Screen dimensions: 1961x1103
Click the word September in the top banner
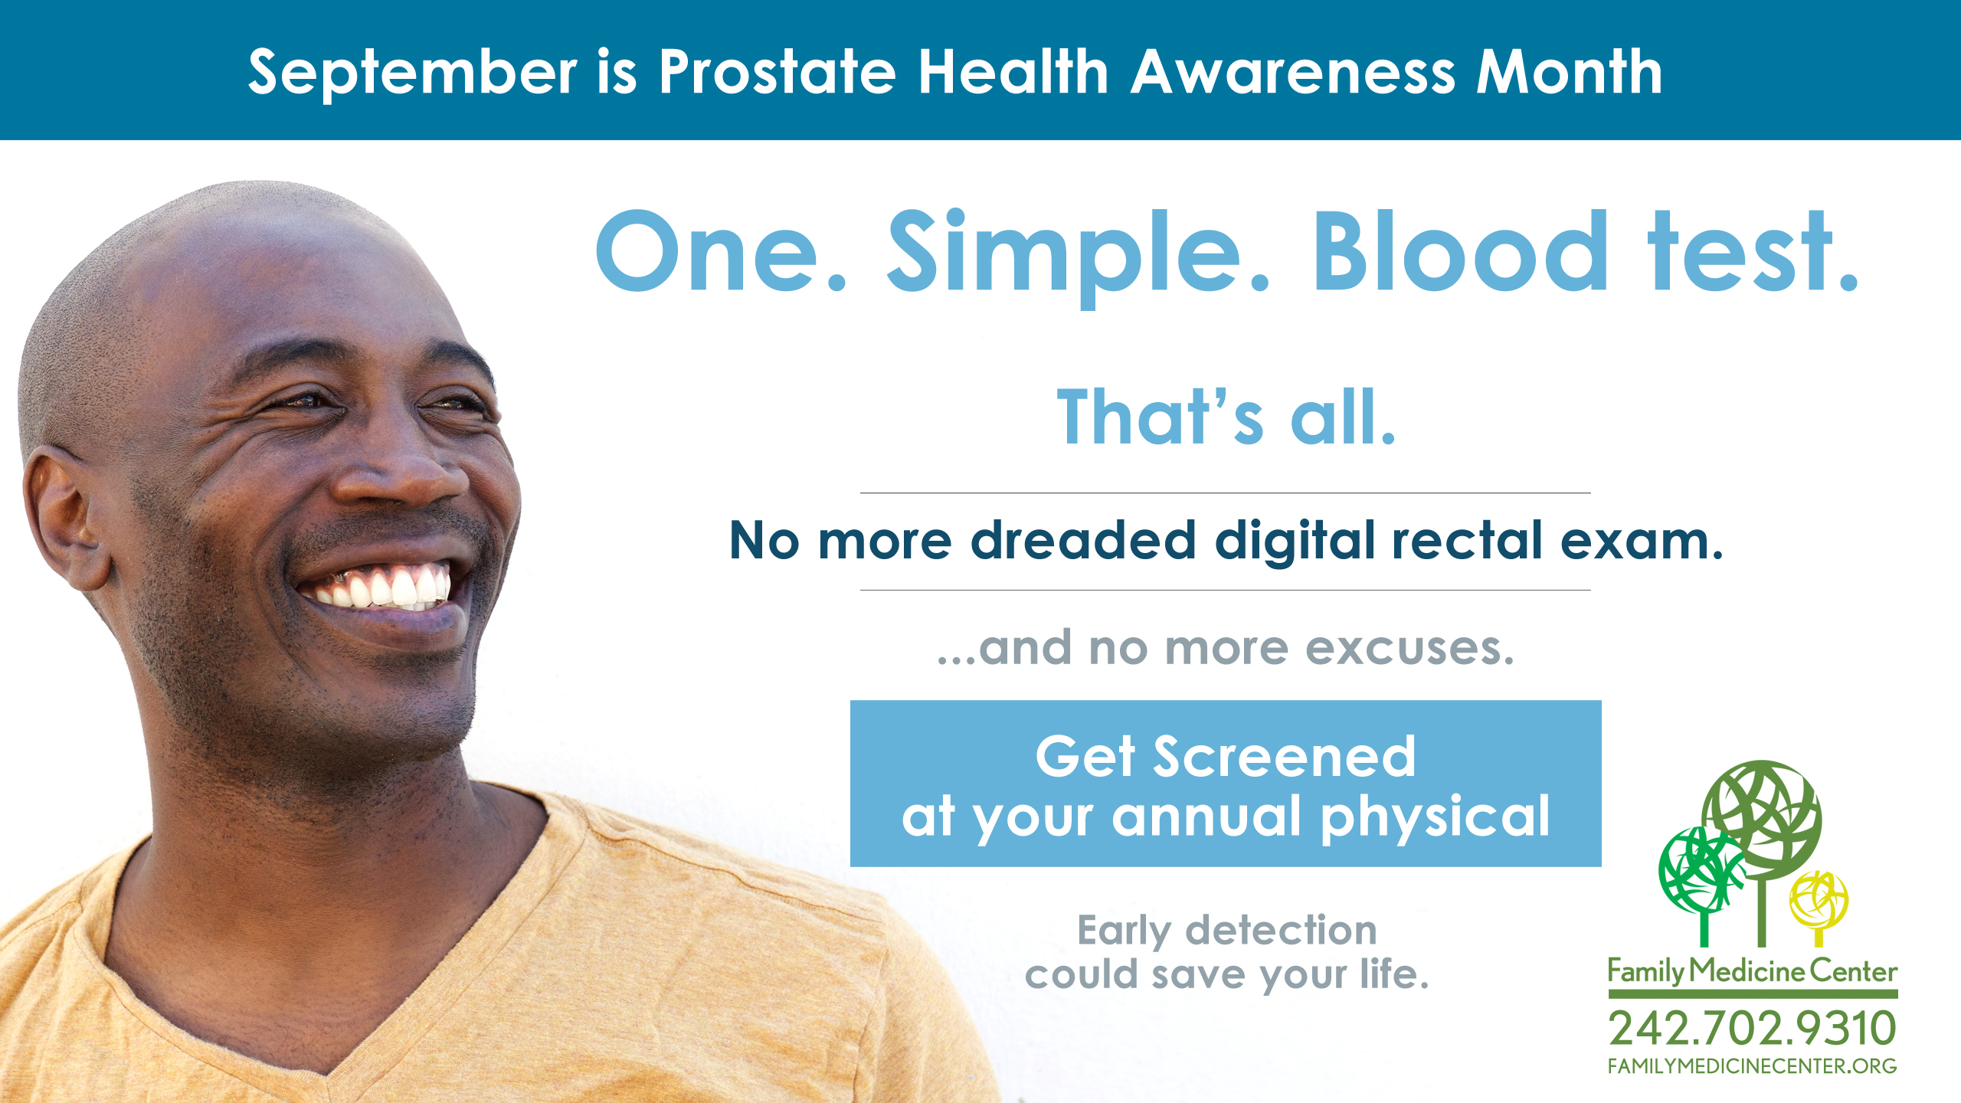(x=413, y=73)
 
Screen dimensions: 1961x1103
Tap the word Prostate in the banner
(x=778, y=71)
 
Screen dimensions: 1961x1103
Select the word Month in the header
(x=1570, y=71)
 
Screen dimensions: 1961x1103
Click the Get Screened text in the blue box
(x=1226, y=757)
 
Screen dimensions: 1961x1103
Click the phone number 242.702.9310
(x=1753, y=1028)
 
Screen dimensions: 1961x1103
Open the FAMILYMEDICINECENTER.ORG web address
(x=1753, y=1066)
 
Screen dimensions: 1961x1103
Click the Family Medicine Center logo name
(x=1753, y=971)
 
